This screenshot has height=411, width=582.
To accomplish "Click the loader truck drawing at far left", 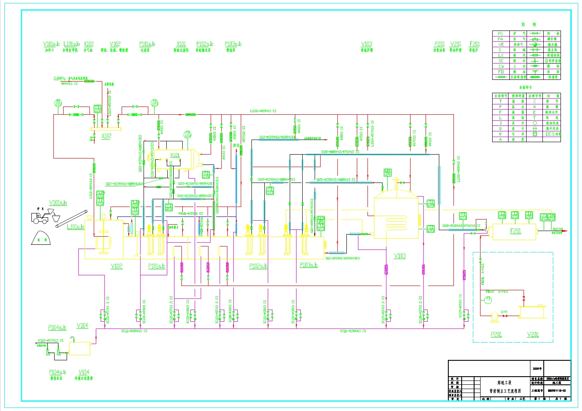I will click(x=40, y=217).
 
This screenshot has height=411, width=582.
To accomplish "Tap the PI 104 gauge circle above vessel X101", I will click(x=187, y=134).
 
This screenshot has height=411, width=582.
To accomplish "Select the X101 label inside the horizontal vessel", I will click(x=175, y=155).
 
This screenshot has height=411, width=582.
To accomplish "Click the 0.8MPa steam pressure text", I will click(x=59, y=79).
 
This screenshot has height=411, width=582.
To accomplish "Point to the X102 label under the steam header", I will click(x=106, y=136).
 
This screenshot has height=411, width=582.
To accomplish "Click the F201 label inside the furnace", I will click(x=515, y=231).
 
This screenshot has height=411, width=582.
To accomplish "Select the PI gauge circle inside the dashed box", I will click(x=488, y=299).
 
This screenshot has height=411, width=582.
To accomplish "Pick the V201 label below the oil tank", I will click(x=533, y=335).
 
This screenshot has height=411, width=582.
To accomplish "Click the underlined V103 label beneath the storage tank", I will click(x=400, y=256).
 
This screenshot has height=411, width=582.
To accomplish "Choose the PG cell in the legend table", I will click(x=500, y=33).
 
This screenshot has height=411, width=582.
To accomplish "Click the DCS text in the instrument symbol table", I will click(x=551, y=134).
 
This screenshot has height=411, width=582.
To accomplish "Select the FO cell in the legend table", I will click(x=501, y=72).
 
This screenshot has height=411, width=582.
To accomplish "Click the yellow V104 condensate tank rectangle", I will click(x=80, y=349).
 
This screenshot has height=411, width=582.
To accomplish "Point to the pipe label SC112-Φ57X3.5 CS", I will click(x=50, y=341).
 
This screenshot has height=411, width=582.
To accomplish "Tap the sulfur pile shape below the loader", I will click(x=42, y=238).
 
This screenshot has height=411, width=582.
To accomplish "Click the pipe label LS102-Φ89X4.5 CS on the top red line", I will click(x=263, y=111).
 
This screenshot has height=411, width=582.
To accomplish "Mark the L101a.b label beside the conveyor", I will click(x=76, y=227).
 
